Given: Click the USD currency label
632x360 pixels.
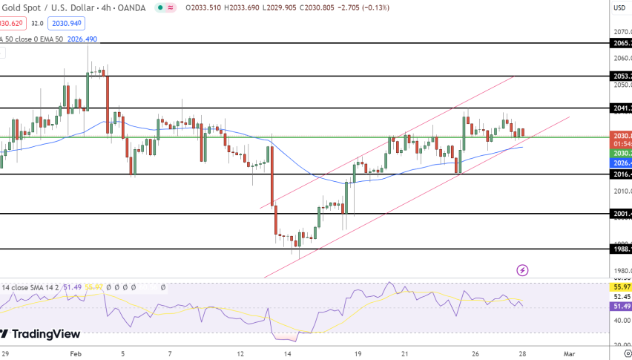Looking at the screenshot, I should click(x=619, y=7).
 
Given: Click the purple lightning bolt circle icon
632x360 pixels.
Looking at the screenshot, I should click(x=522, y=269).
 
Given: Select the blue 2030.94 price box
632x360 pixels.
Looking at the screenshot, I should click(x=65, y=23).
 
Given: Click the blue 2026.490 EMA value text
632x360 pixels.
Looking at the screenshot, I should click(x=82, y=39).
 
